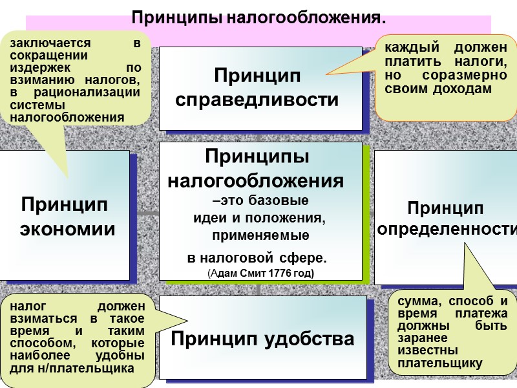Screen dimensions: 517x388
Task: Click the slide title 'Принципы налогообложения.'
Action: coord(258,17)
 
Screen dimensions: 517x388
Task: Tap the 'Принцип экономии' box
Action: coord(68,217)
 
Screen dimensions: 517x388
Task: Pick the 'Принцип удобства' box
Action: coord(262,338)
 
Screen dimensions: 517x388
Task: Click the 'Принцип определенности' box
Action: coord(446,219)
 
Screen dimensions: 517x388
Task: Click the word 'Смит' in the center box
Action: coord(251,274)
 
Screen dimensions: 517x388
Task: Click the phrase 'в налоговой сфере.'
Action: coord(257,259)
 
